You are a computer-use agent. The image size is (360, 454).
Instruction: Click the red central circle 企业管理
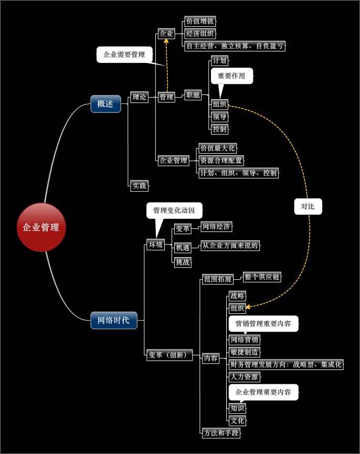(41, 227)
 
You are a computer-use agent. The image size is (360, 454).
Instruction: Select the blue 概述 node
(105, 104)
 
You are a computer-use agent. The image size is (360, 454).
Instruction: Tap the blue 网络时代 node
(113, 320)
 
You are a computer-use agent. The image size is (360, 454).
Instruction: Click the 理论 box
(139, 97)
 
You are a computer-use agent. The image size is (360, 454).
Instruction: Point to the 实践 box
(139, 185)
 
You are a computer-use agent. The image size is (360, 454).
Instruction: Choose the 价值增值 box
(200, 22)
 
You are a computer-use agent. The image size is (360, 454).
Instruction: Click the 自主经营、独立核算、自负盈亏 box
(235, 46)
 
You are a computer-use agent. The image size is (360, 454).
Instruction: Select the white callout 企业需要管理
(124, 55)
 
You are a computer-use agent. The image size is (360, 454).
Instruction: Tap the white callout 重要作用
(231, 76)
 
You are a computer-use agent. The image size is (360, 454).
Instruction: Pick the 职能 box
(193, 95)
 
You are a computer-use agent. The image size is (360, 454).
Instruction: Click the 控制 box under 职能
(219, 129)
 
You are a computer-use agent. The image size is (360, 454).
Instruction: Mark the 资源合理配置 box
(221, 161)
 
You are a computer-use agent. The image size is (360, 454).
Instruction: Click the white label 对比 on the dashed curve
(308, 206)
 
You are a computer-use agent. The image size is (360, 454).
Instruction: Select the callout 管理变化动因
(174, 211)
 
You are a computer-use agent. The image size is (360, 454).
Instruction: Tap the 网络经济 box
(216, 227)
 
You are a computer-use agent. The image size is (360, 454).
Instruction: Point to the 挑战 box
(183, 262)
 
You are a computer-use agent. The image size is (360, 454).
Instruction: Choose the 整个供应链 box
(262, 277)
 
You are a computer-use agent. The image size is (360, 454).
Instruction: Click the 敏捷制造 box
(245, 352)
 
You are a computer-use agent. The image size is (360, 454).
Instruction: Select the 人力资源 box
(244, 376)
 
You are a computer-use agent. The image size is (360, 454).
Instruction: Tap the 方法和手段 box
(221, 433)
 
